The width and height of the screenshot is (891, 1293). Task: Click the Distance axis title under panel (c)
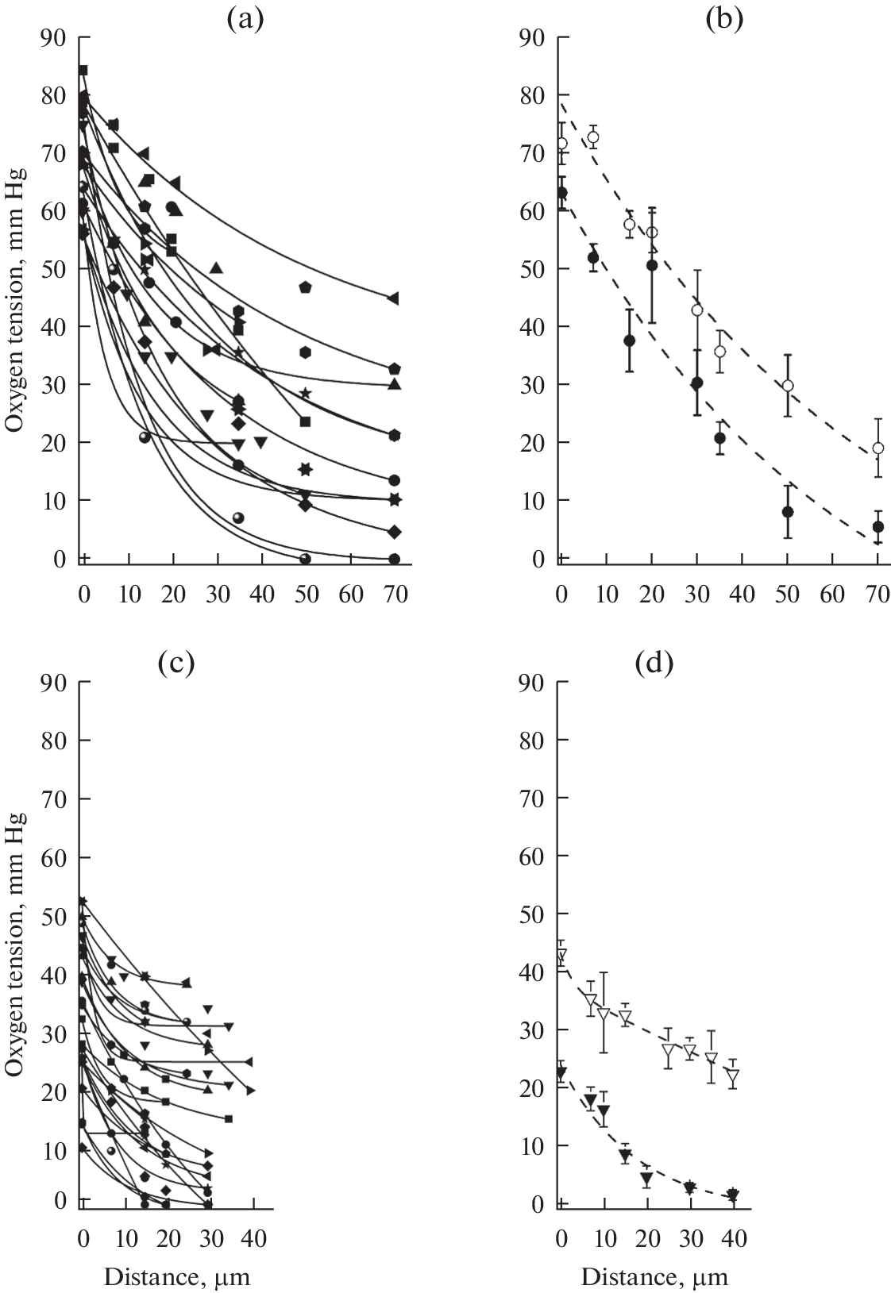click(177, 1277)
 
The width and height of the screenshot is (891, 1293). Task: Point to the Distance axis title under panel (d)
click(654, 1277)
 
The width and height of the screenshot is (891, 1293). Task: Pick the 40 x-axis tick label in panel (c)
click(253, 1237)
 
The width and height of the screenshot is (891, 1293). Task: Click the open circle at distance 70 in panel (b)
click(877, 448)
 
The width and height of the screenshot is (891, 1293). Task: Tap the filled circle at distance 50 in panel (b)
click(788, 512)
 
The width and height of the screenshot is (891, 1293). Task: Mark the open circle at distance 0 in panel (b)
click(562, 144)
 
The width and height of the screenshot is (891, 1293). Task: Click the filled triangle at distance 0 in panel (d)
click(561, 1073)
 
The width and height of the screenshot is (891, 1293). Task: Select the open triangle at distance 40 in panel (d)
click(732, 1076)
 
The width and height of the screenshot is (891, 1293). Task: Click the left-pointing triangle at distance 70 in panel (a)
click(393, 298)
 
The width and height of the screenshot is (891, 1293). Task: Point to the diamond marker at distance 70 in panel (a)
click(395, 531)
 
